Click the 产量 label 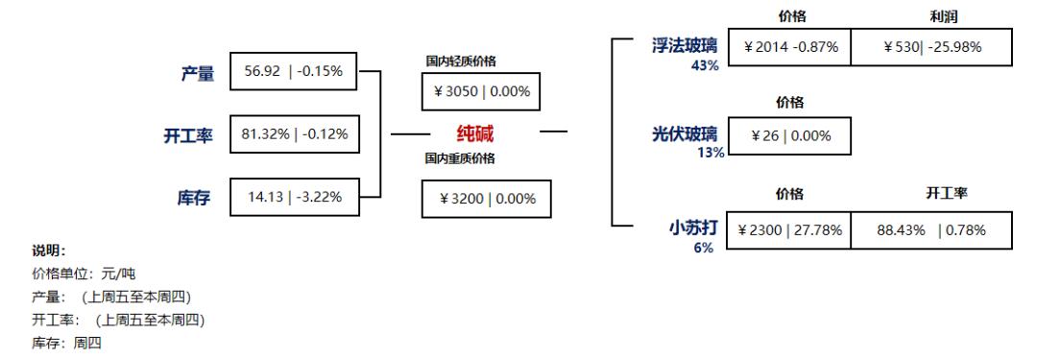[198, 73]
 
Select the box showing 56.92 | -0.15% [293, 72]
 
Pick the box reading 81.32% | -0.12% [293, 135]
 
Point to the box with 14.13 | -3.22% [293, 198]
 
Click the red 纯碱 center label [474, 132]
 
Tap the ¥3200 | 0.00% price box [487, 198]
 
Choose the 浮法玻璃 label [685, 45]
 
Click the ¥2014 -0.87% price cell [789, 47]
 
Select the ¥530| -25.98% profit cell [931, 47]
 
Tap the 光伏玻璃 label [685, 135]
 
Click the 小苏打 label [692, 228]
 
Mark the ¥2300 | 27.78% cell [789, 230]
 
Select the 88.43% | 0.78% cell [931, 230]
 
